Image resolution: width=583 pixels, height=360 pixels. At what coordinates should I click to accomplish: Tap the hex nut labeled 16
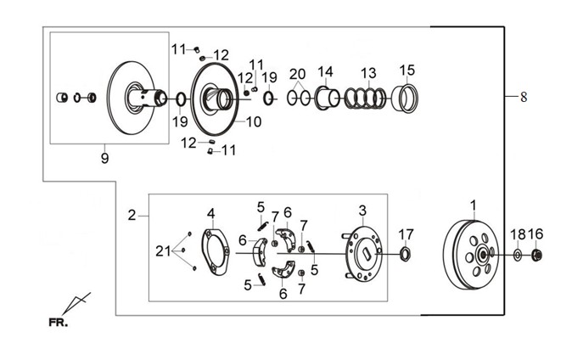click(535, 255)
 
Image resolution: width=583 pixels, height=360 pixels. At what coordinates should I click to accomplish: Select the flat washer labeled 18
click(518, 255)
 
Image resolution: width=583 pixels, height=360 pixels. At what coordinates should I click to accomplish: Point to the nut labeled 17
click(405, 255)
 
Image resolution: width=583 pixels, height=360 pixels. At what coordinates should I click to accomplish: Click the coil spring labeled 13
click(365, 98)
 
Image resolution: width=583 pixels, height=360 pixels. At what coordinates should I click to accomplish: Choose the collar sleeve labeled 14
click(328, 98)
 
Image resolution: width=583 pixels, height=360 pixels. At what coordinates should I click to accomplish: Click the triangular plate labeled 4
click(216, 252)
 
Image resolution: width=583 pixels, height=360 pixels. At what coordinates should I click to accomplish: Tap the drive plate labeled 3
click(362, 254)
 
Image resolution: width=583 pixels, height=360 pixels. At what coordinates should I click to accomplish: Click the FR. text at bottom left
click(59, 322)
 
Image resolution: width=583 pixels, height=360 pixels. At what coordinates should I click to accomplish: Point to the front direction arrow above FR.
click(76, 303)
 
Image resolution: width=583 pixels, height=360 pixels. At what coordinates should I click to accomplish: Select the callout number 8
click(524, 97)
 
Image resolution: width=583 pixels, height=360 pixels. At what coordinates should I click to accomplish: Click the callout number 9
click(105, 159)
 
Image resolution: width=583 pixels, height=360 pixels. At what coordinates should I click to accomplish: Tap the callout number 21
click(163, 251)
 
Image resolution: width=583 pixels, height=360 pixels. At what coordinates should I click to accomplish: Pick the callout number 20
click(298, 74)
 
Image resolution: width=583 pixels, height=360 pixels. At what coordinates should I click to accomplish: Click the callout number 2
click(132, 215)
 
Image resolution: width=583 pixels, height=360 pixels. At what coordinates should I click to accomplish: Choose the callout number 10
click(254, 121)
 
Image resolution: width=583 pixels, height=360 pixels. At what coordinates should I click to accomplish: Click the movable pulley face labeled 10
click(215, 99)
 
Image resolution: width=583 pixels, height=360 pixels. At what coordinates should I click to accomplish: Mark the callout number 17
click(406, 234)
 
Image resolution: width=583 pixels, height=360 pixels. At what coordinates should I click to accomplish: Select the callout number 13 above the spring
click(368, 73)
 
